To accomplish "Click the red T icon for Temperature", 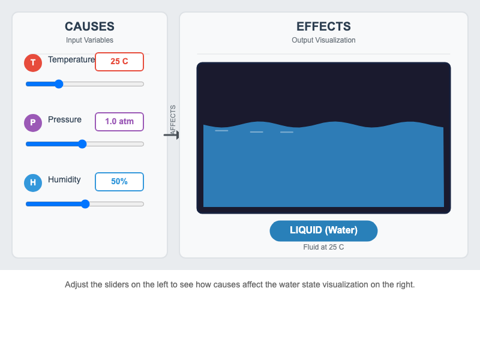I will pyautogui.click(x=33, y=62).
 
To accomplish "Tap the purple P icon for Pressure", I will pyautogui.click(x=33, y=122).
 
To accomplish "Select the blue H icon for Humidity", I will pyautogui.click(x=33, y=182).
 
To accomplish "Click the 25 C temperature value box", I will pyautogui.click(x=119, y=62).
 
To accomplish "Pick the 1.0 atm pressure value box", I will pyautogui.click(x=119, y=122).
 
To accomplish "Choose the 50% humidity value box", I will pyautogui.click(x=119, y=182).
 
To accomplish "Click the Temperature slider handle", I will pyautogui.click(x=59, y=84).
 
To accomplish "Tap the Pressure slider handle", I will pyautogui.click(x=82, y=144).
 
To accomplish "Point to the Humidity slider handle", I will pyautogui.click(x=85, y=204).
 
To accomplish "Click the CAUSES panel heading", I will pyautogui.click(x=89, y=26).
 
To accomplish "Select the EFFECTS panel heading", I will pyautogui.click(x=323, y=26).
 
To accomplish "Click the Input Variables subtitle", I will pyautogui.click(x=89, y=40).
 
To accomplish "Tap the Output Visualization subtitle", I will pyautogui.click(x=323, y=40).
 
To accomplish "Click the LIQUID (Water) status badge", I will pyautogui.click(x=323, y=230).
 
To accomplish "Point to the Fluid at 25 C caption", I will pyautogui.click(x=323, y=247).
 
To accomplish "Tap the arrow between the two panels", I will pyautogui.click(x=172, y=136).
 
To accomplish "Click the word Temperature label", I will pyautogui.click(x=71, y=59).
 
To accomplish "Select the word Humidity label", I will pyautogui.click(x=64, y=179).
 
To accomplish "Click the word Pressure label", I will pyautogui.click(x=65, y=119).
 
